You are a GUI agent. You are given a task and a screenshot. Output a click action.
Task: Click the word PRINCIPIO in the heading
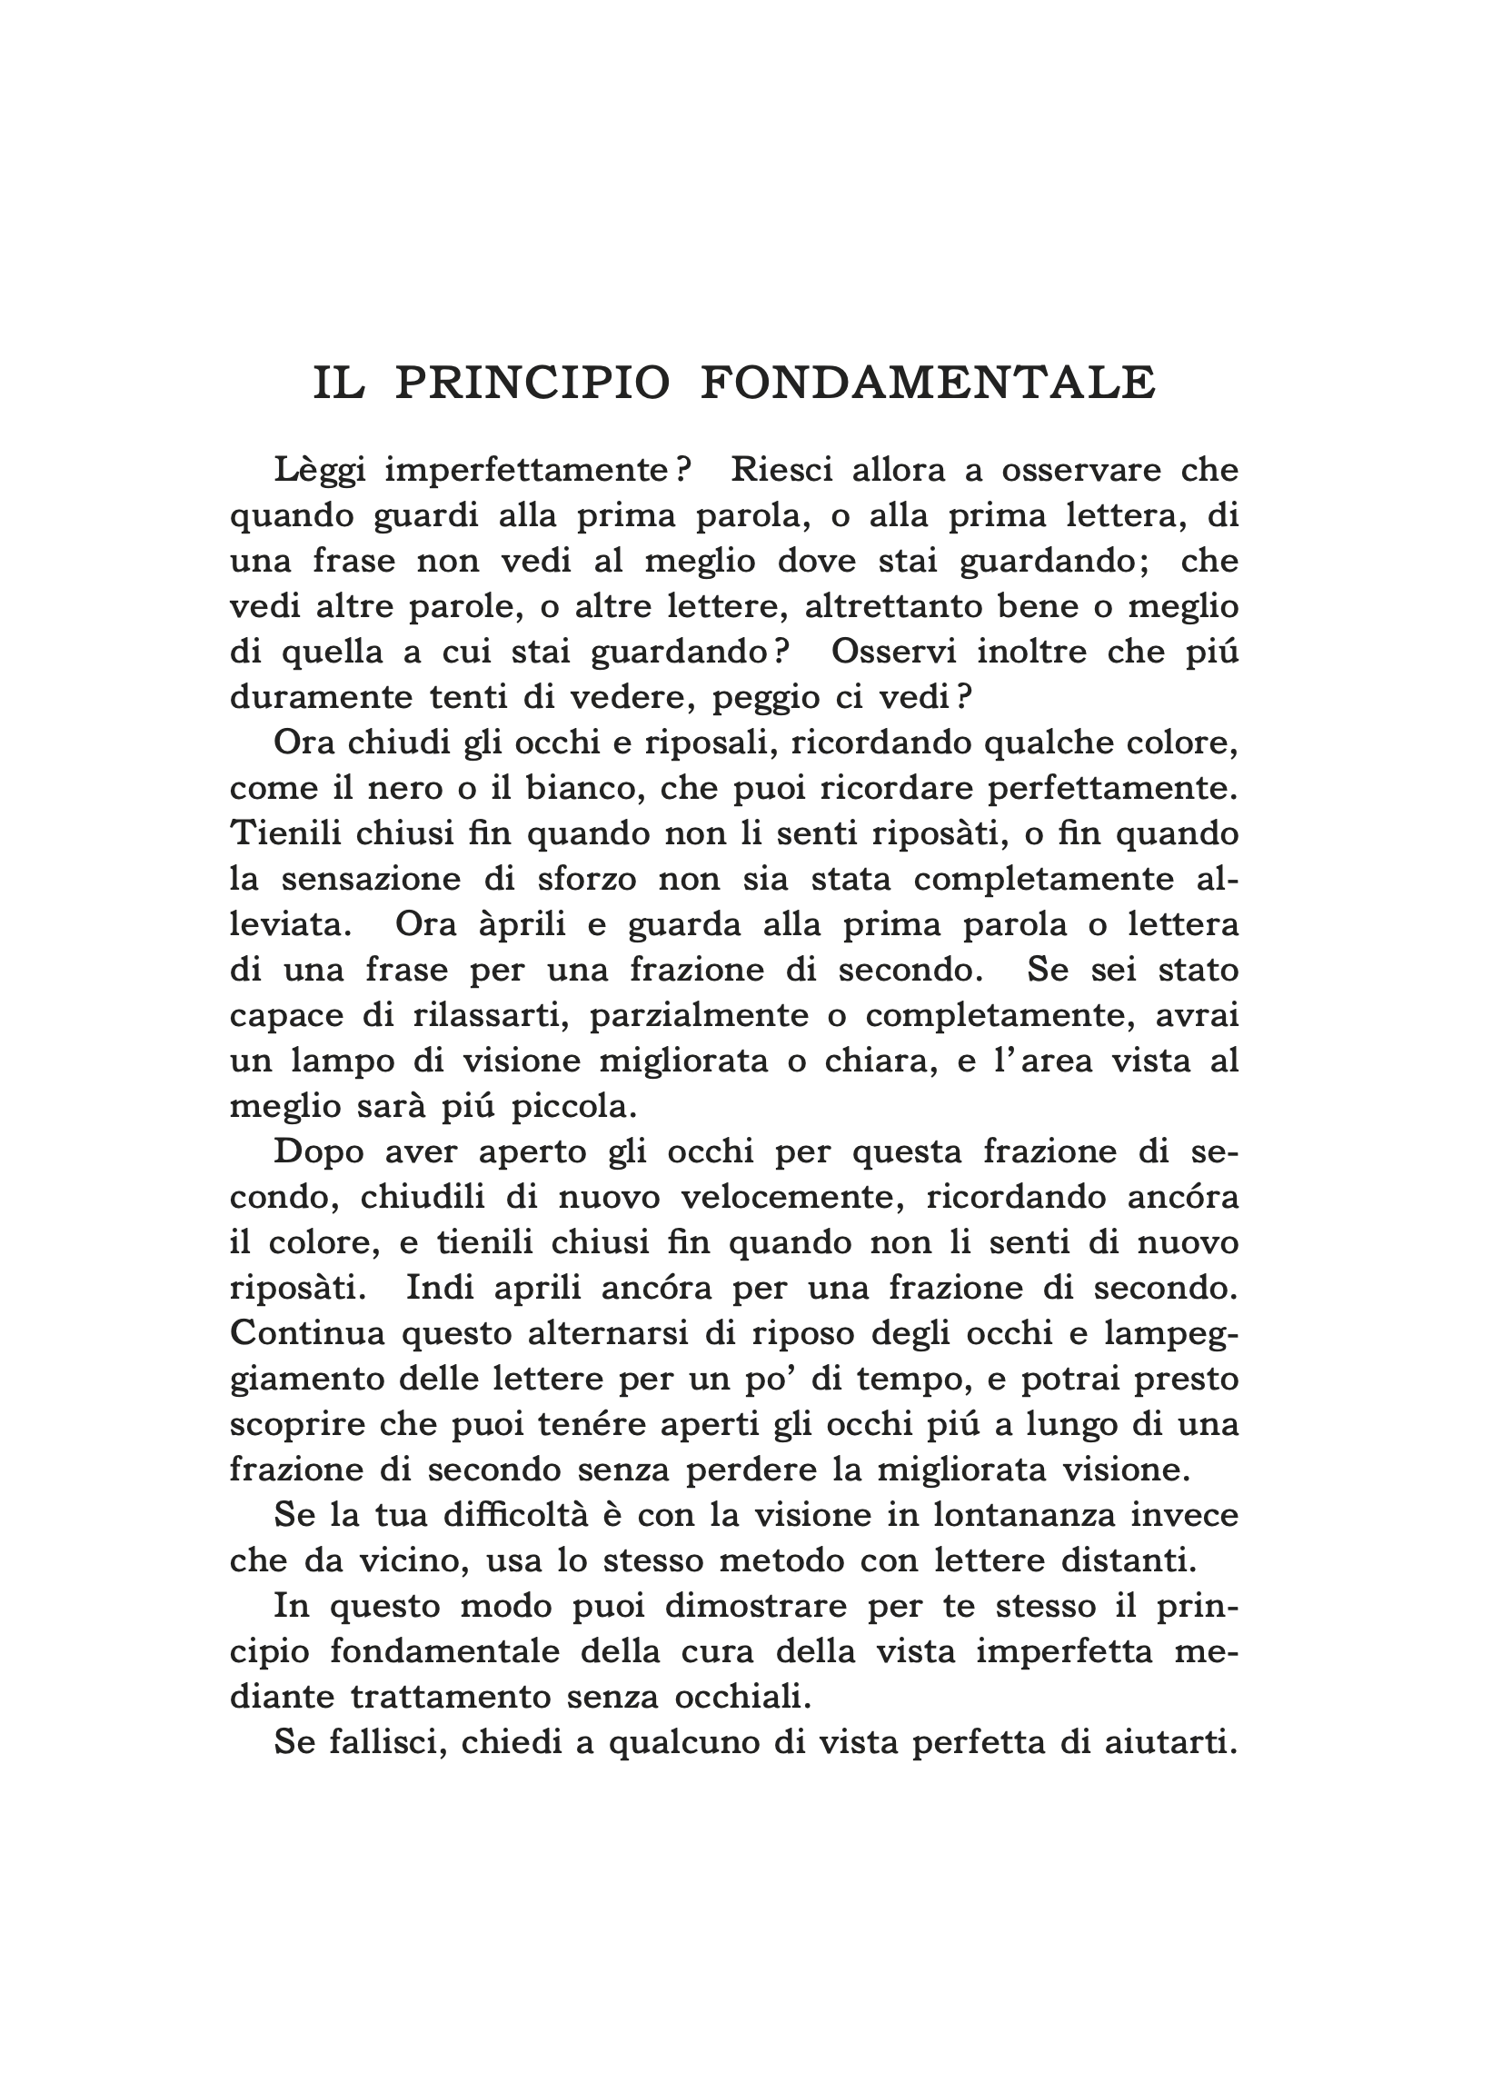click(x=532, y=384)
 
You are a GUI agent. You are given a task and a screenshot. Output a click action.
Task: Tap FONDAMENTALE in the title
click(x=928, y=384)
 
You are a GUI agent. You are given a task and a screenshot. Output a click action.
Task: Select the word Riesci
click(x=782, y=471)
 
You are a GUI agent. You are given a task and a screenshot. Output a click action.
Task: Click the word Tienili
click(x=282, y=833)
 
